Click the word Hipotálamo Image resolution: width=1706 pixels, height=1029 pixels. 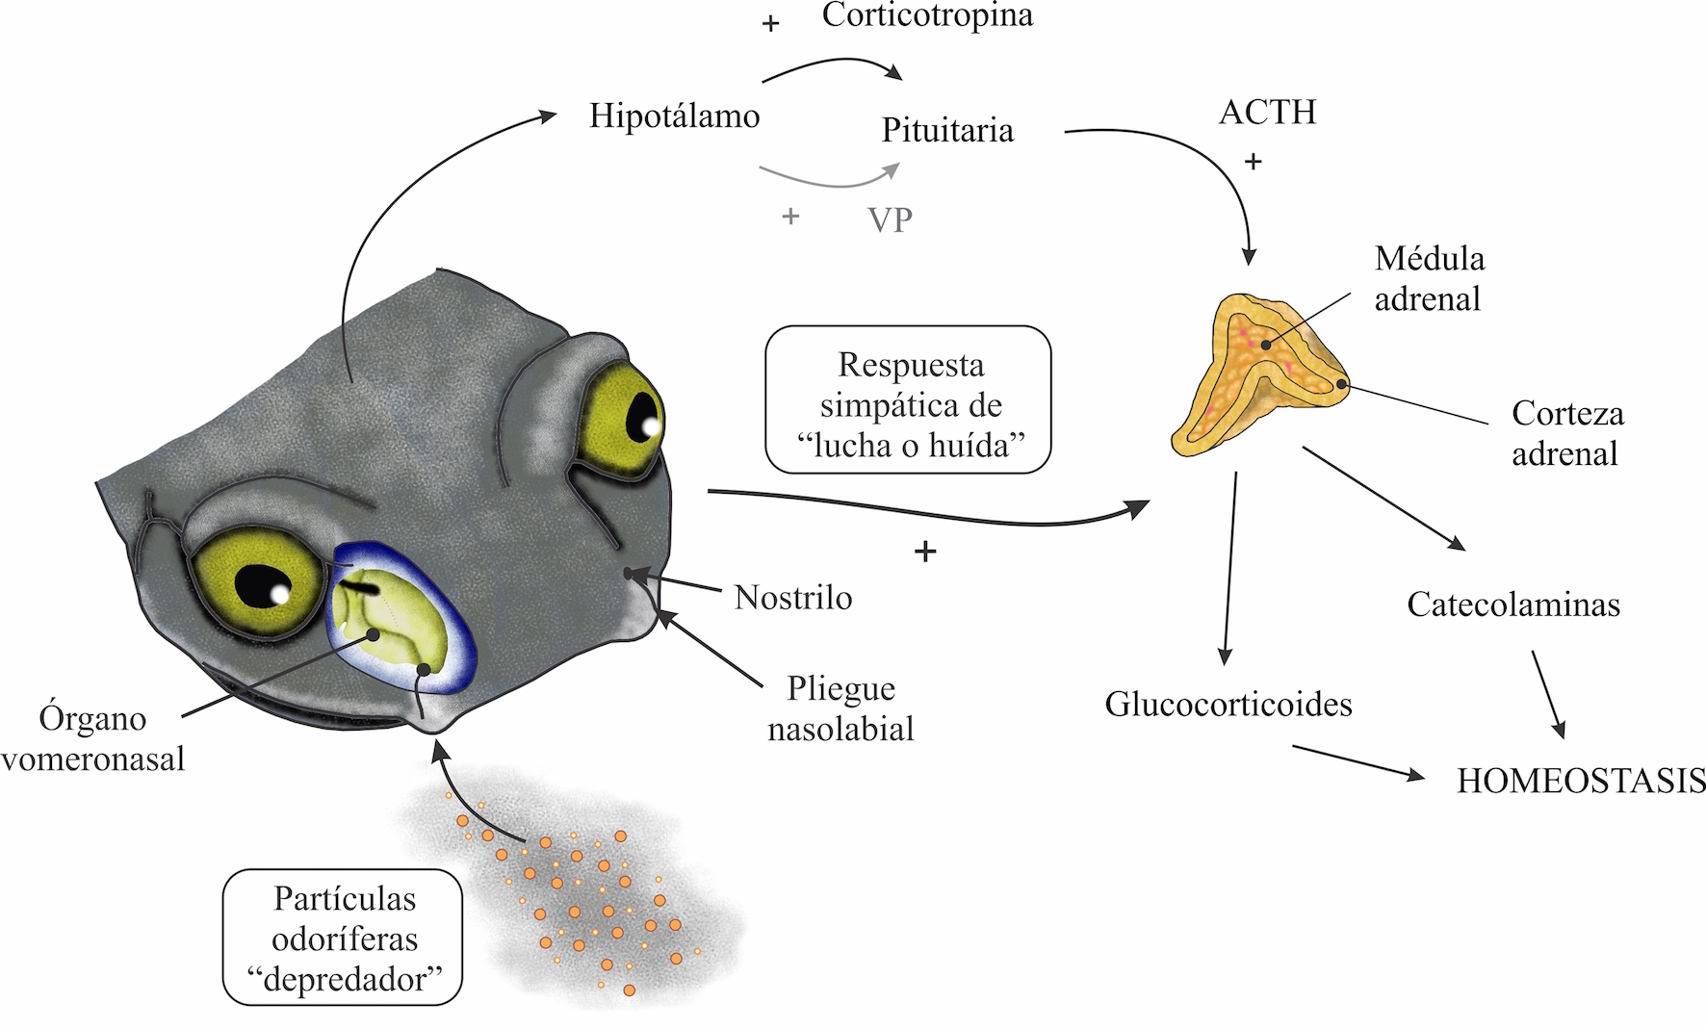pos(674,116)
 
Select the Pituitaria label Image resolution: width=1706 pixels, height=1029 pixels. pos(947,131)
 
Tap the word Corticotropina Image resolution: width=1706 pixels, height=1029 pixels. pos(927,16)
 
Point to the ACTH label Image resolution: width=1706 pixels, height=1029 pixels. pos(1267,113)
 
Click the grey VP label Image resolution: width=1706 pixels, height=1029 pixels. pos(890,220)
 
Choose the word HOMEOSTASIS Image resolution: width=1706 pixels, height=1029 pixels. pos(1581,781)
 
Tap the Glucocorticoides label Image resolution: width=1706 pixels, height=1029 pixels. pos(1228,705)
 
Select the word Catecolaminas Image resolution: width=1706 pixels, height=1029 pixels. pos(1513,605)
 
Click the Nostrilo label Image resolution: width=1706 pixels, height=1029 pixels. pos(793,598)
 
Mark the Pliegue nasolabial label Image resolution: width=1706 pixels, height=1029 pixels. pos(840,709)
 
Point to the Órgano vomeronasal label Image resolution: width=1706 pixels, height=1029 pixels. pos(93,739)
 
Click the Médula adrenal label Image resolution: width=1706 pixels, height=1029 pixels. pos(1429,279)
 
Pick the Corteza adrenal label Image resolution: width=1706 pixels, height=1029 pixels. pos(1566,433)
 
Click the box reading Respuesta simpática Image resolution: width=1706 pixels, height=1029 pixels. pos(908,400)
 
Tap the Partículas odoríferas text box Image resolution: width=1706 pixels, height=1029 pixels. pos(343,939)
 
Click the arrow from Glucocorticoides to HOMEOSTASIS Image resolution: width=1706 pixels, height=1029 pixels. pos(1357,760)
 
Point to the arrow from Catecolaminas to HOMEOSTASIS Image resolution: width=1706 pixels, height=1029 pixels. pos(1548,694)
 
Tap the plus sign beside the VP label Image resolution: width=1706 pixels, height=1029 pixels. pos(790,217)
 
